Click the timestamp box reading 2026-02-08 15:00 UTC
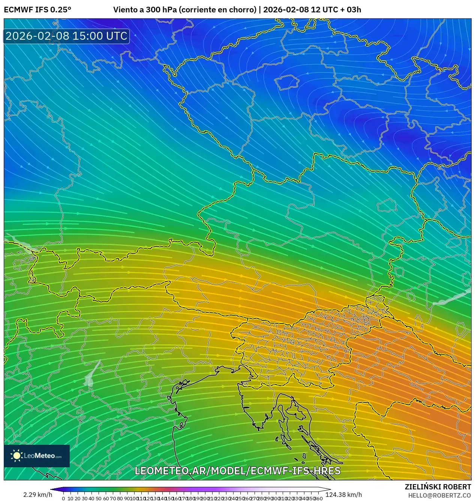[66, 36]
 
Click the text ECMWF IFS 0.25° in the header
[37, 10]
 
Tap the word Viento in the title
[125, 10]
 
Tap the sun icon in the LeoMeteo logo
[17, 456]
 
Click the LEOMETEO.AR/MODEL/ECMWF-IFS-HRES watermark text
[237, 471]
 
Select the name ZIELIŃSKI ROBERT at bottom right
[438, 487]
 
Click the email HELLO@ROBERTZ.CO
[439, 495]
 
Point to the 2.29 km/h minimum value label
[37, 495]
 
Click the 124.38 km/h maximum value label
[343, 495]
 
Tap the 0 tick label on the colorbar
[63, 498]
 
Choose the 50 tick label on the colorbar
[99, 498]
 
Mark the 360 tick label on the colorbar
[319, 498]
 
